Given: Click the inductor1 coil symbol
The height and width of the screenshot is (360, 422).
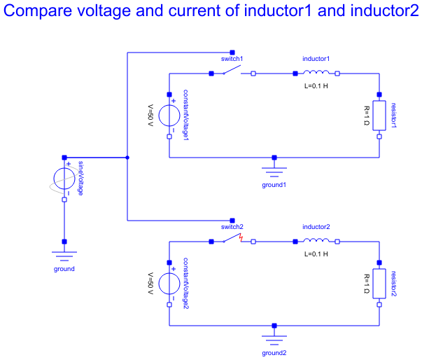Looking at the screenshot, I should [316, 72].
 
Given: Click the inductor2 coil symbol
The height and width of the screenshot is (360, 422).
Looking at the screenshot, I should [316, 241].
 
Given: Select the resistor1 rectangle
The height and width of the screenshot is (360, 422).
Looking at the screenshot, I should [379, 116].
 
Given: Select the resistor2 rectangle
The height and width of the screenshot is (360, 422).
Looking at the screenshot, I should [379, 284].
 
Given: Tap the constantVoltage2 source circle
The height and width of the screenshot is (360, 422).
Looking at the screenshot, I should [169, 284].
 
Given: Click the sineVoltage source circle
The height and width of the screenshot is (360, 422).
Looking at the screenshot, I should [64, 179].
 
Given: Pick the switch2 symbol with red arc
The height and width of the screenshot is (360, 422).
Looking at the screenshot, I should [232, 240].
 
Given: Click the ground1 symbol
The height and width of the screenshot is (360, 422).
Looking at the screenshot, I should [274, 170].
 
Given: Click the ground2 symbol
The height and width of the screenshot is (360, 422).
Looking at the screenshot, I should [274, 338].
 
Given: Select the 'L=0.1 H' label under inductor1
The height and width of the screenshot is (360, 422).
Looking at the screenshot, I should [316, 85].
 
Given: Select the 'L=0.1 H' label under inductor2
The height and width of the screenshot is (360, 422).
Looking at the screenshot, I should [316, 254].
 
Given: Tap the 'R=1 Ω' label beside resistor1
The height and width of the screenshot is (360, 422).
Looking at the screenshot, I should [366, 116].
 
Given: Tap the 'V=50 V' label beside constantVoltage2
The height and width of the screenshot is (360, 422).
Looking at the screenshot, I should [150, 284].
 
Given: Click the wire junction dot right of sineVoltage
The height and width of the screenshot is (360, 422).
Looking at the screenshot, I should [127, 158].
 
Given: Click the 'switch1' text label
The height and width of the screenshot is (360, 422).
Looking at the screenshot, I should [232, 59].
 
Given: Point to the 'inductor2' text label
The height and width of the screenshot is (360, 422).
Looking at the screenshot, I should [316, 227].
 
